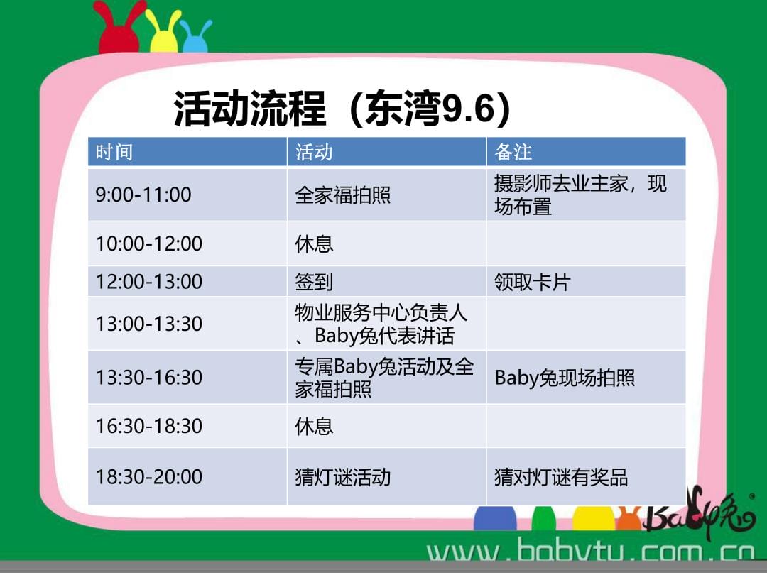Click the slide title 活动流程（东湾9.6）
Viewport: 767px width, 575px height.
click(342, 109)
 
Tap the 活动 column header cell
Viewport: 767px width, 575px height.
click(386, 152)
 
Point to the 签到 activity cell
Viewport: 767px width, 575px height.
click(386, 282)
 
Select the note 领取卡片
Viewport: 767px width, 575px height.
click(532, 282)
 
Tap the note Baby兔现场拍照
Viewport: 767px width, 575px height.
click(565, 378)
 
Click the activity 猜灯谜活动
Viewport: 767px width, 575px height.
click(342, 477)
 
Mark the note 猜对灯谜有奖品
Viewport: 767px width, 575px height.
click(561, 477)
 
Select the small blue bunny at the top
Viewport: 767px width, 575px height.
click(196, 37)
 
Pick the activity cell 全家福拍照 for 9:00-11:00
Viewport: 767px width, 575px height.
click(386, 195)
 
